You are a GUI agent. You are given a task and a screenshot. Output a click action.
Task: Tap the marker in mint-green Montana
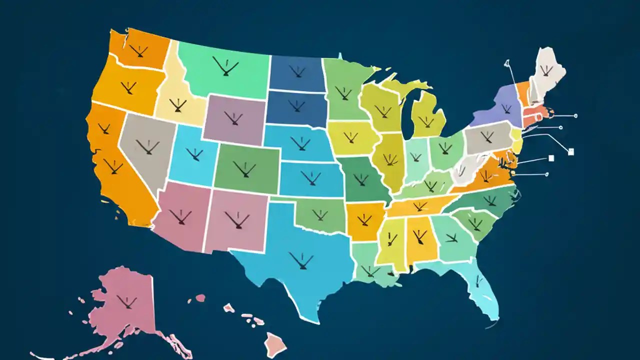tap(225, 66)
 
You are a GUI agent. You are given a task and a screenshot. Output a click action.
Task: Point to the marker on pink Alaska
tap(126, 301)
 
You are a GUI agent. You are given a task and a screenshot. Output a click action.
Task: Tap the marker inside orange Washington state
tap(138, 50)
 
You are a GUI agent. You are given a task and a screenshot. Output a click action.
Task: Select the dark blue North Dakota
tap(297, 72)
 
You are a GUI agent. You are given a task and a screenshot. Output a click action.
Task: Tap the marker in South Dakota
tap(296, 105)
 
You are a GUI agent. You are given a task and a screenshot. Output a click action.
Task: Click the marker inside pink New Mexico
tap(236, 219)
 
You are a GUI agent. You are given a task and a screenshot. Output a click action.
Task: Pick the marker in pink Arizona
tap(180, 216)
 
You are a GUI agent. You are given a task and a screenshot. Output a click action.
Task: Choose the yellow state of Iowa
tap(352, 136)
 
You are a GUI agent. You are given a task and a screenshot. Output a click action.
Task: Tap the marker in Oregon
tap(129, 88)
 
